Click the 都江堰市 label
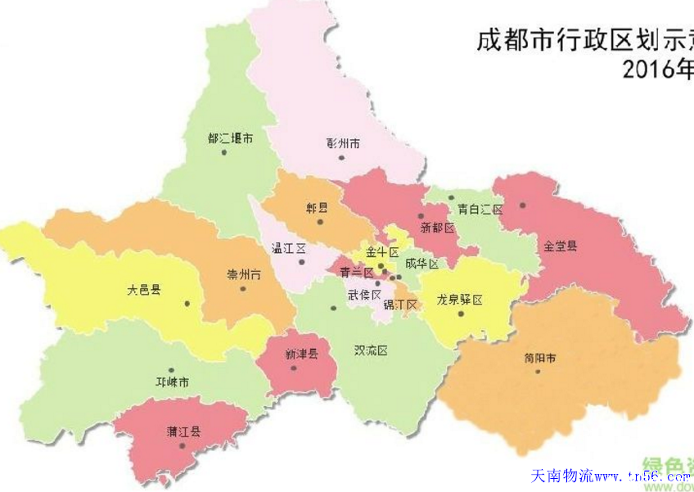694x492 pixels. (x=230, y=138)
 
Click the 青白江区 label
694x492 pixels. (x=480, y=210)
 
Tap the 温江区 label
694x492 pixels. (x=288, y=247)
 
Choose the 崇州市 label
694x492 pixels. (x=244, y=275)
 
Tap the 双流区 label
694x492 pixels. (x=370, y=350)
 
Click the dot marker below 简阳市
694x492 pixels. (x=538, y=372)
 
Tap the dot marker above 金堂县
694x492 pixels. (x=521, y=205)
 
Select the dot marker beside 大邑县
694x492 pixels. (x=187, y=304)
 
